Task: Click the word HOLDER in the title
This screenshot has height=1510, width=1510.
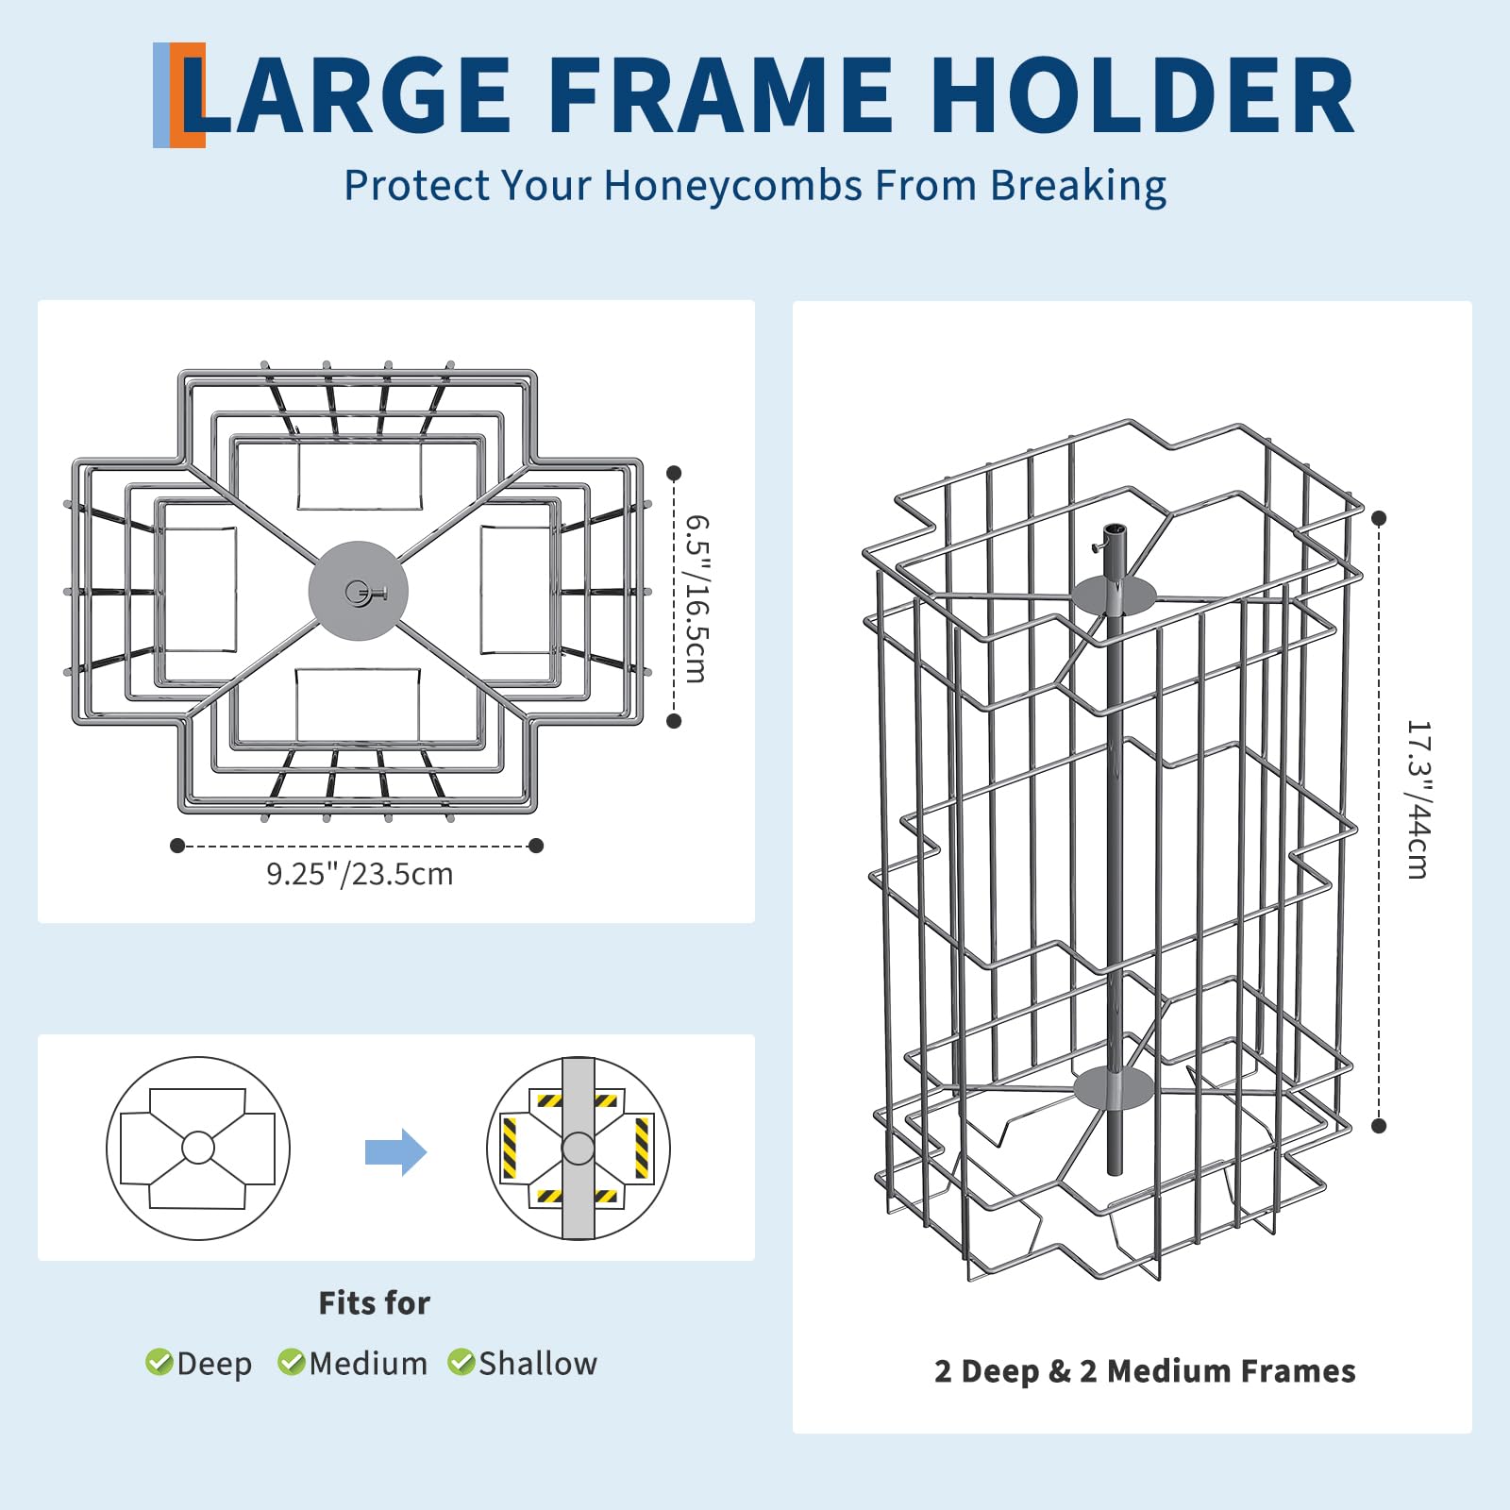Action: click(x=1143, y=94)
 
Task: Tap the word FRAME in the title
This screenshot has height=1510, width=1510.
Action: click(x=719, y=94)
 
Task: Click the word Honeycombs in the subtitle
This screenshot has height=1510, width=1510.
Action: click(x=733, y=186)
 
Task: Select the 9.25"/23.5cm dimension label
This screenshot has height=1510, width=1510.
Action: click(x=360, y=874)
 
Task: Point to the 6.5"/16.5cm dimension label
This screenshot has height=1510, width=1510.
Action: click(x=696, y=598)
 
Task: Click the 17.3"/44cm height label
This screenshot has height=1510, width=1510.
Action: click(x=1418, y=799)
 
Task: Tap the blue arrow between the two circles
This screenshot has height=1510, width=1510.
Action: click(x=396, y=1151)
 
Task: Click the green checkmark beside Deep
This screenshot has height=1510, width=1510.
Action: click(x=159, y=1362)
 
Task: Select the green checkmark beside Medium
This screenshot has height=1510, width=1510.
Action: click(x=291, y=1362)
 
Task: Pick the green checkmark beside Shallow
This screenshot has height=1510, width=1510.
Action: click(x=461, y=1362)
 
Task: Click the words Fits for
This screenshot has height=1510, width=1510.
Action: click(x=374, y=1303)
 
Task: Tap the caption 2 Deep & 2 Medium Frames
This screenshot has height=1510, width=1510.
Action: click(x=1145, y=1371)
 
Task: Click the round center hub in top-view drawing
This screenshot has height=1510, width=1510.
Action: click(x=358, y=591)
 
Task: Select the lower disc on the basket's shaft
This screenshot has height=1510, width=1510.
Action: click(x=1114, y=1088)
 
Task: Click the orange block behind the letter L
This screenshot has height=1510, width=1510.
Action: click(x=189, y=95)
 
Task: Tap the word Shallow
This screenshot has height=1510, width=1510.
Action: click(x=538, y=1364)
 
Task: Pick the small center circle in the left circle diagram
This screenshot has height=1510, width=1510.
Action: click(x=198, y=1148)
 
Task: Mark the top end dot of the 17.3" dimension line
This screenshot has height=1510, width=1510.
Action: click(x=1379, y=518)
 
